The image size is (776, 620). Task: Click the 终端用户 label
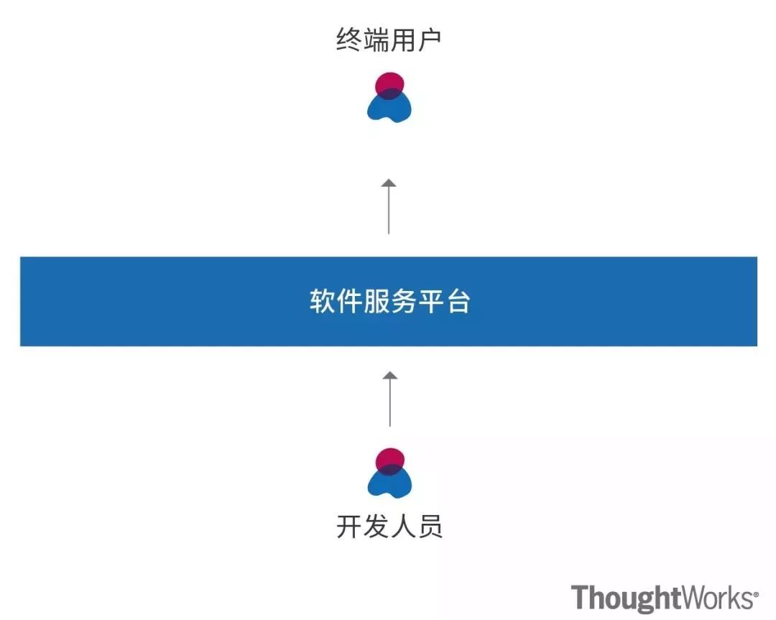[389, 40]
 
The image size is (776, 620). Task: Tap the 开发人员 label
[389, 527]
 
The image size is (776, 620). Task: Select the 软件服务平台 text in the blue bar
[389, 302]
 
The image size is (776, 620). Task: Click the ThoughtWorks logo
[665, 598]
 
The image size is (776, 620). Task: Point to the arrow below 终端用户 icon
[389, 206]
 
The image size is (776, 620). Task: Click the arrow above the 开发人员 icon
[389, 399]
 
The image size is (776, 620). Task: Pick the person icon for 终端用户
[389, 98]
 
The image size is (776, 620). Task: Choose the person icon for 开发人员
[389, 473]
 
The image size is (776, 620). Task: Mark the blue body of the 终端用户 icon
[389, 108]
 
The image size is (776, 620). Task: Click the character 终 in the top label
[348, 40]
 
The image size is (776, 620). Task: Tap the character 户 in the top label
[429, 40]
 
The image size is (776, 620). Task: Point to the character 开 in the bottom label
[348, 527]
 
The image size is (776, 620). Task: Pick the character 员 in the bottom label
[429, 527]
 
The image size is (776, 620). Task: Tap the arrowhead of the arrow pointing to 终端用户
[389, 183]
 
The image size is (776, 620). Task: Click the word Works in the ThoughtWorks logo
[719, 598]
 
